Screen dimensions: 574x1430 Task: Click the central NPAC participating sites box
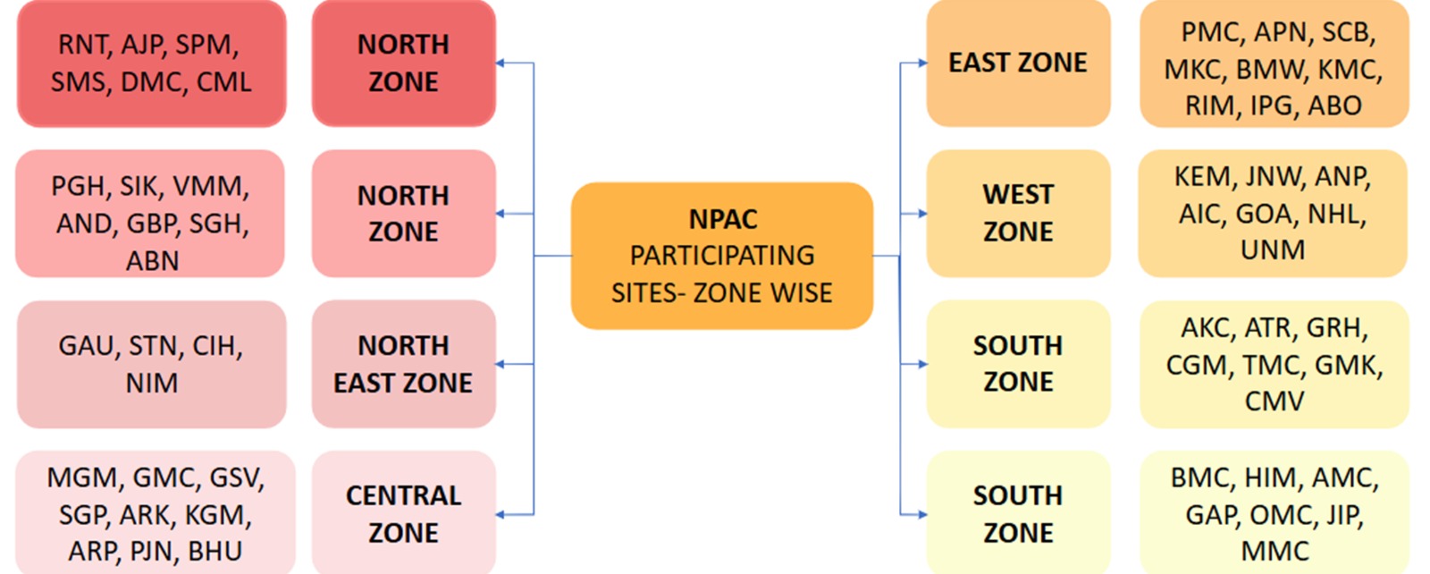tap(721, 256)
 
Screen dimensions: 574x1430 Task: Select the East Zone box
tap(1018, 63)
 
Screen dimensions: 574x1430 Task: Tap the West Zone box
tap(1018, 213)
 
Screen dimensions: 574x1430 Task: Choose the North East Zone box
tap(403, 364)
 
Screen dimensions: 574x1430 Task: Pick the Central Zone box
tap(403, 513)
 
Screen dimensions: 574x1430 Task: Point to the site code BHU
tap(215, 551)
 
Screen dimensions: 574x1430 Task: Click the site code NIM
tap(151, 383)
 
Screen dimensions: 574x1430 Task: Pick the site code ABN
tap(152, 260)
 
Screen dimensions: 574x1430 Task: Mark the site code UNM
tap(1273, 249)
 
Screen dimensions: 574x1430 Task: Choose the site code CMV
tap(1274, 401)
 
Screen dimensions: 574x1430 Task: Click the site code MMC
tap(1274, 551)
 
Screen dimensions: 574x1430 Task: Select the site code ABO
tap(1334, 106)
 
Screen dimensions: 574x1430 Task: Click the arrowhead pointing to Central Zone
tap(501, 514)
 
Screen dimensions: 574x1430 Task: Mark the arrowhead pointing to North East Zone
tap(501, 364)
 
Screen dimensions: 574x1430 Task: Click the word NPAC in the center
tap(722, 219)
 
